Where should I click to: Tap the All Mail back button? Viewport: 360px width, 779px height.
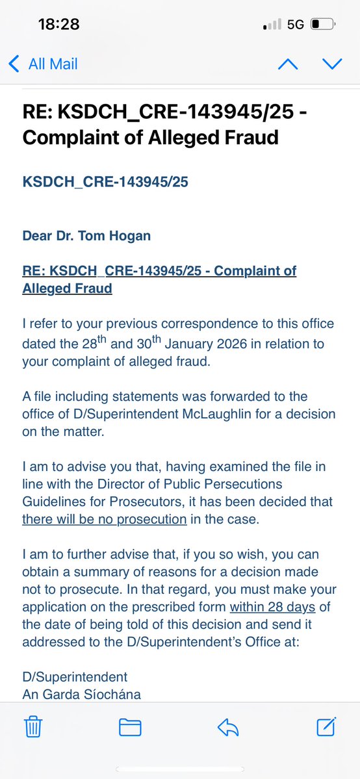pos(43,64)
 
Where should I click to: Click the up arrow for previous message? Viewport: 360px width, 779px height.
pos(288,64)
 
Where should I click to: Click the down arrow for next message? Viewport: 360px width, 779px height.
pos(332,64)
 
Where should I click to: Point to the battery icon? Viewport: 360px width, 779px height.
pos(323,25)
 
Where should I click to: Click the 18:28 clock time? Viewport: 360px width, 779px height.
pos(58,25)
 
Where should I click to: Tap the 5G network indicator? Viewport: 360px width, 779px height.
pos(295,25)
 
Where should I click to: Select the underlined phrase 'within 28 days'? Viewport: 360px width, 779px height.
pos(272,607)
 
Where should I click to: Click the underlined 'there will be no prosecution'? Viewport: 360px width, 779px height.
pos(105,519)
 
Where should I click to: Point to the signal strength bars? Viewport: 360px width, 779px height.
pos(272,25)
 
